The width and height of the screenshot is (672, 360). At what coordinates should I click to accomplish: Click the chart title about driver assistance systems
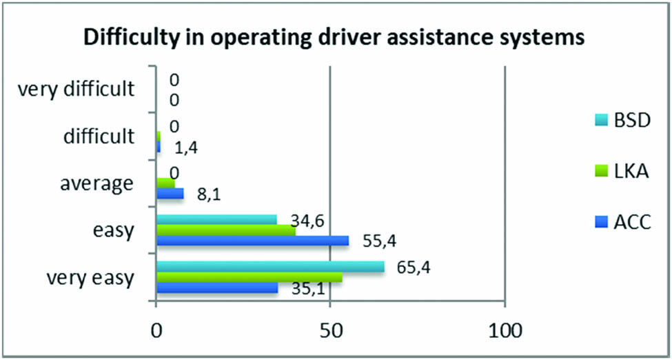(334, 39)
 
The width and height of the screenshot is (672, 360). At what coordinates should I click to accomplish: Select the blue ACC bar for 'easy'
(252, 241)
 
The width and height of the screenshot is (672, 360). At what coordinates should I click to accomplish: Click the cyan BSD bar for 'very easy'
(270, 267)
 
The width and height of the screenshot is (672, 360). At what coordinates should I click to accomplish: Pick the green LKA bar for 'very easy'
(249, 277)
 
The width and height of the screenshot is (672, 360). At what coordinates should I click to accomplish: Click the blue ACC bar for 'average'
(170, 194)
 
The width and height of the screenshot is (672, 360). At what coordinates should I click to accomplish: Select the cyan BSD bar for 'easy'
(216, 220)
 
